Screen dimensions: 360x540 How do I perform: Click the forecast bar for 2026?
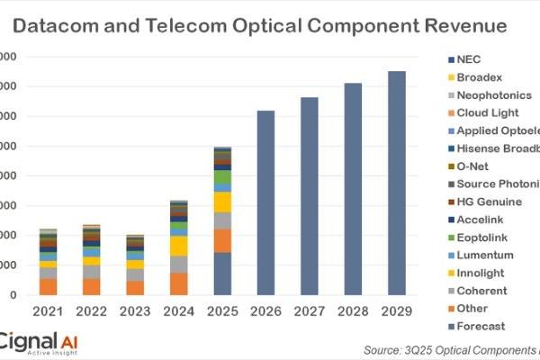point(266,202)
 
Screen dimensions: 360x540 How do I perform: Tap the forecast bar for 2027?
point(310,195)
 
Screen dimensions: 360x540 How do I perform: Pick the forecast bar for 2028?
point(353,188)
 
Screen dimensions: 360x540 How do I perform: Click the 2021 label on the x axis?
point(48,311)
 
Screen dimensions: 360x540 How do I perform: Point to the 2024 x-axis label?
point(179,311)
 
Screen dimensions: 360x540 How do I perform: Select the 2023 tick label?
point(135,311)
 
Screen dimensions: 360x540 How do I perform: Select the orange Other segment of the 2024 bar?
point(179,283)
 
